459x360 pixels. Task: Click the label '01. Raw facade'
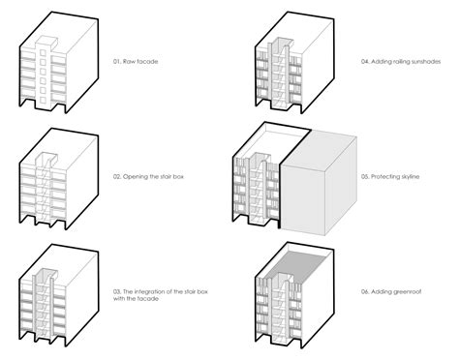click(x=136, y=61)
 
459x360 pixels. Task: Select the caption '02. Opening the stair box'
click(x=148, y=176)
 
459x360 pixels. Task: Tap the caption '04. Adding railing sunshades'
click(x=401, y=61)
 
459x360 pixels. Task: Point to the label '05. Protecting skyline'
click(x=390, y=176)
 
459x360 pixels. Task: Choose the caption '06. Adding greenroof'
click(x=391, y=291)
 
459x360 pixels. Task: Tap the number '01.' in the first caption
click(x=117, y=61)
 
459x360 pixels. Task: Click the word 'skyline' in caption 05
click(x=409, y=176)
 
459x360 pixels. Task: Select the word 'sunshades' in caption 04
click(x=425, y=61)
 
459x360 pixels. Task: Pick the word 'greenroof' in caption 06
click(x=408, y=292)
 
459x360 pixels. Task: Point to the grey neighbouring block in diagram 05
click(x=319, y=183)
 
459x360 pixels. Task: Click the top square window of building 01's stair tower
click(x=43, y=52)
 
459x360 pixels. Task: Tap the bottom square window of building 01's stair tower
click(x=43, y=100)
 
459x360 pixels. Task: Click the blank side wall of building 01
click(x=82, y=65)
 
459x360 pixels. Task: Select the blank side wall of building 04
click(x=318, y=65)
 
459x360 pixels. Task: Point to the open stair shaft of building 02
click(x=45, y=191)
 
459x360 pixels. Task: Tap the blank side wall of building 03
click(x=82, y=297)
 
